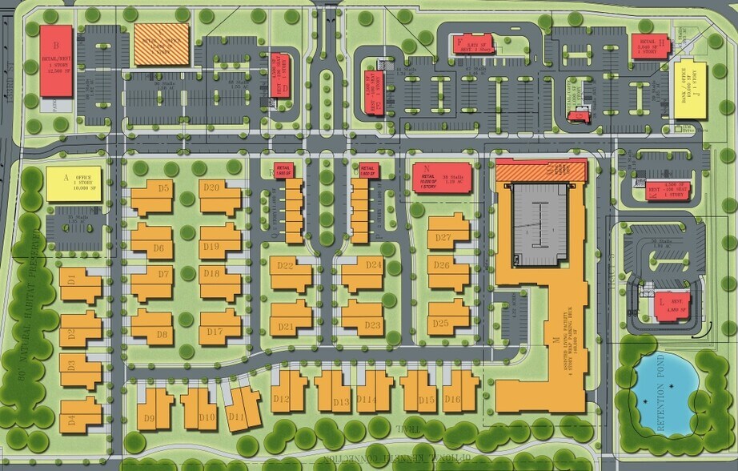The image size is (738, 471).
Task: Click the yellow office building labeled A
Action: tap(74, 183)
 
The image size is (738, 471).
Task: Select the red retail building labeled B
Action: tap(57, 61)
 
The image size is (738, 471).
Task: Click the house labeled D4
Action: tap(80, 414)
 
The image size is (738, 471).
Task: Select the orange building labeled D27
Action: tap(447, 231)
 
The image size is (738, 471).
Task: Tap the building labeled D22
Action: tap(290, 273)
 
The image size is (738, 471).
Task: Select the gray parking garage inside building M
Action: tap(539, 225)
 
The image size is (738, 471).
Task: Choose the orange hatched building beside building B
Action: tap(161, 43)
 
